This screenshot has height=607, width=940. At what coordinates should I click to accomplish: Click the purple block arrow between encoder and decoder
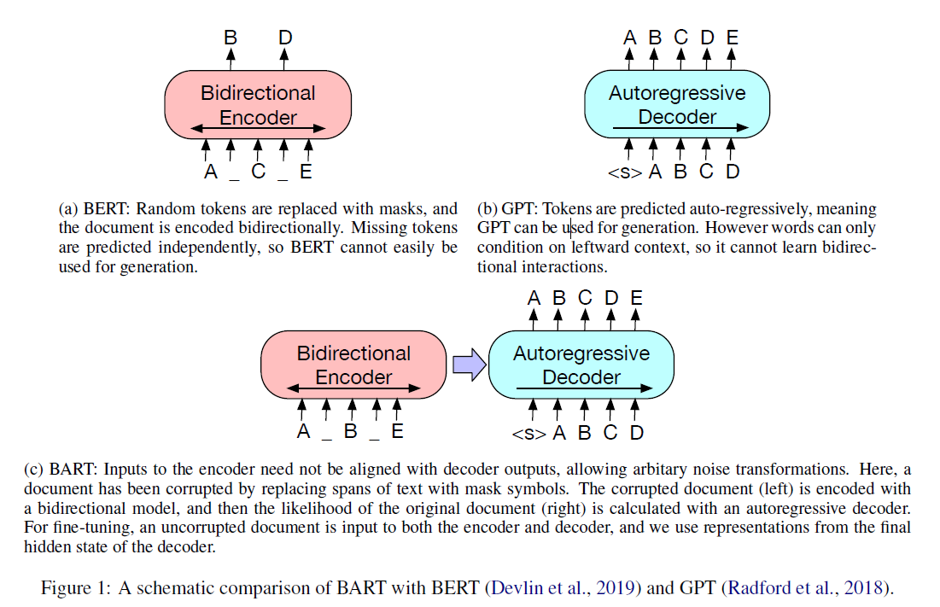pos(467,365)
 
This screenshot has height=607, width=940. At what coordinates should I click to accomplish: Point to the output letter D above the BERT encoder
pos(284,38)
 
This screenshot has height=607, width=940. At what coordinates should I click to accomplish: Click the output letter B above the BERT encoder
pos(231,38)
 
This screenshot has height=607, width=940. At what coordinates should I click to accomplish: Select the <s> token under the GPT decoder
pos(624,172)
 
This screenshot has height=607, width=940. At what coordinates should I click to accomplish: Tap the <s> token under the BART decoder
pos(528,433)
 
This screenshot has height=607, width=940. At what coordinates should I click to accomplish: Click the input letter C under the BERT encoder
pos(257,172)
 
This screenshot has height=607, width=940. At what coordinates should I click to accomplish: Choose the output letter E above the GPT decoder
pos(732,38)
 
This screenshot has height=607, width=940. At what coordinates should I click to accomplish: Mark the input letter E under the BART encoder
pos(397,431)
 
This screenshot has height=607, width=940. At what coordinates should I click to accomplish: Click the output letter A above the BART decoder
pos(534,298)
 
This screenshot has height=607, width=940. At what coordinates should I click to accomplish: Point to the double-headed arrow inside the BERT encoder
pos(257,129)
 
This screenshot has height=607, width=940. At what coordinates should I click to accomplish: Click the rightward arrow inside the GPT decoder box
pos(680,128)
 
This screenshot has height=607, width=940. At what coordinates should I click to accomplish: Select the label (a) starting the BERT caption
pos(67,209)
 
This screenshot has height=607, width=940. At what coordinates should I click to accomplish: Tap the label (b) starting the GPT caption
pos(487,209)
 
